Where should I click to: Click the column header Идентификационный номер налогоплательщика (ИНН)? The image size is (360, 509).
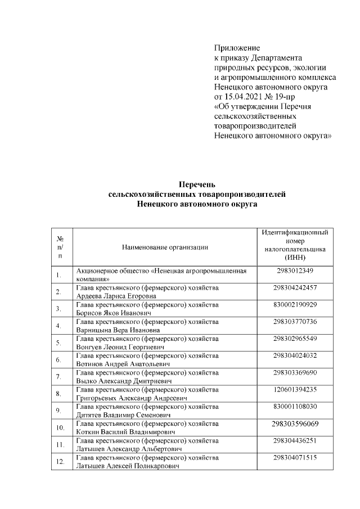(295, 244)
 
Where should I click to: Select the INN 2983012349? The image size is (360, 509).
(295, 271)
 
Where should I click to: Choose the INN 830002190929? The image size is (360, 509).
(295, 304)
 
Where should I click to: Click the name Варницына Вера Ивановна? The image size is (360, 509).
(115, 330)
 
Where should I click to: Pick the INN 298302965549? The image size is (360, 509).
(295, 338)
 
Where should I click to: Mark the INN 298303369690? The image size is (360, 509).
(295, 372)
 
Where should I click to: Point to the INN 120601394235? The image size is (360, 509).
(295, 389)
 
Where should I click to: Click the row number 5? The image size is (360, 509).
(58, 343)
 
